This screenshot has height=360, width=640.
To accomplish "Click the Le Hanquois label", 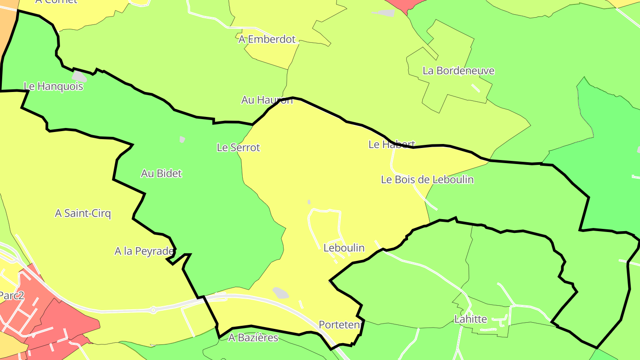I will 53,86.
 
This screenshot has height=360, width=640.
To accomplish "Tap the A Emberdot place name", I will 267,39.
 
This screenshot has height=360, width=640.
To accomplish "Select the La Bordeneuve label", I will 458,71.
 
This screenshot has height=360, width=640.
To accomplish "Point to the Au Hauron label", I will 267,100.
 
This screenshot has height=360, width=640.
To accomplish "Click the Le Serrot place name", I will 238,147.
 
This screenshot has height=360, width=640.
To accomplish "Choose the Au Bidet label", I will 161,173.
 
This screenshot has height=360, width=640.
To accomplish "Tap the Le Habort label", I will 392,144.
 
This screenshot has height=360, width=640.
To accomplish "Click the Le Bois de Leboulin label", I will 427,180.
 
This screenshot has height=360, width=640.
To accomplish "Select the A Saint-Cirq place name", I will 83,213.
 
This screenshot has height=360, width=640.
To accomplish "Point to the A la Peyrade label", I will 144,251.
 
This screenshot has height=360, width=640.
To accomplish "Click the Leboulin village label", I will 344,248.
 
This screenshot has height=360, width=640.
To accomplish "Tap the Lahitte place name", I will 471,319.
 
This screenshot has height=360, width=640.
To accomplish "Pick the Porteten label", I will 339,325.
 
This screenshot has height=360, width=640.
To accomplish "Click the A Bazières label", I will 253,338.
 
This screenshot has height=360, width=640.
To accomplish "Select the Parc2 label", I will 12,296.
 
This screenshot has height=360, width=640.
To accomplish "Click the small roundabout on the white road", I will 153,310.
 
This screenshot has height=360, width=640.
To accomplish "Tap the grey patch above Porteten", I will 280,292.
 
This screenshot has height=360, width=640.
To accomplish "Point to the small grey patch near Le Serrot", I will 182,140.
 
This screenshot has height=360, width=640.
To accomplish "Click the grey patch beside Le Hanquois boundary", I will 79,76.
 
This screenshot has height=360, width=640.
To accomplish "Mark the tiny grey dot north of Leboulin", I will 309,202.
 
